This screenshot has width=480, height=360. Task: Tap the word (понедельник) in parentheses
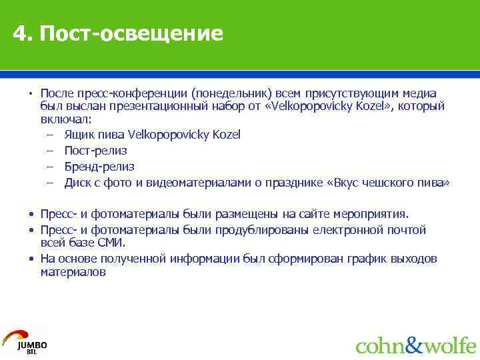pyautogui.click(x=229, y=93)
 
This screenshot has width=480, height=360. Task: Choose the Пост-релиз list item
pyautogui.click(x=95, y=151)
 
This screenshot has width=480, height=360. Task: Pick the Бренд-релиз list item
pyautogui.click(x=99, y=167)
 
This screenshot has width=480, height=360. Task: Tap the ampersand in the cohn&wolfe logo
pyautogui.click(x=415, y=345)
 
